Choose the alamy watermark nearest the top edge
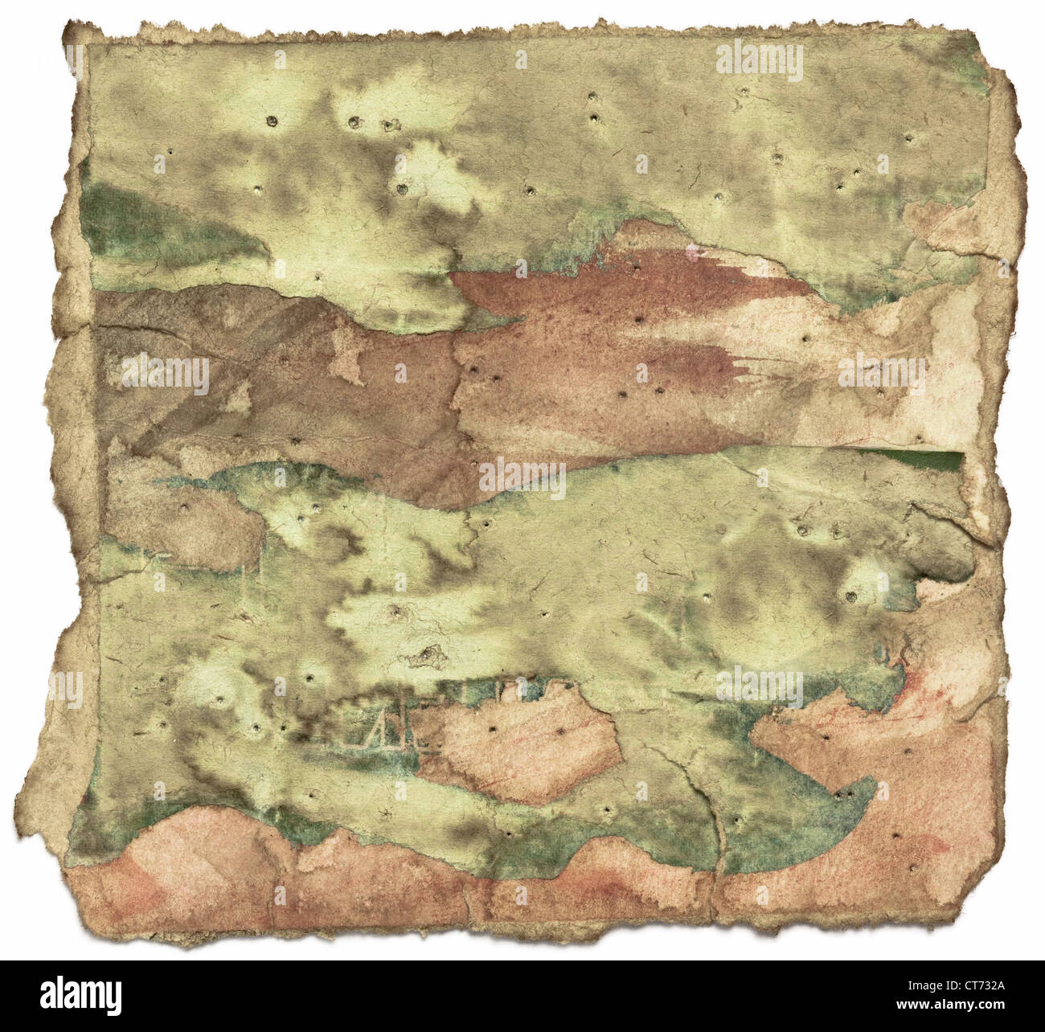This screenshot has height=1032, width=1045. click(758, 60)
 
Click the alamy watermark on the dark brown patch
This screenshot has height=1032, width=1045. click(165, 374)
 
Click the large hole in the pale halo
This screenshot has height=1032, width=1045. click(850, 597)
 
